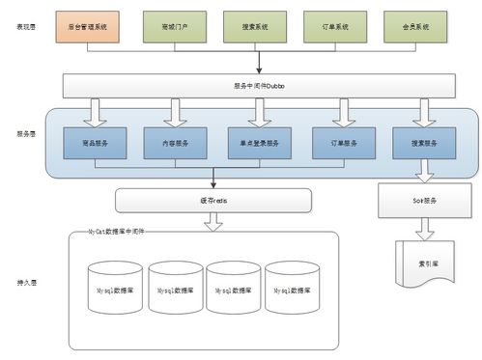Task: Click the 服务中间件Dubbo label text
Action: point(259,86)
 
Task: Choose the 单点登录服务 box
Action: point(257,143)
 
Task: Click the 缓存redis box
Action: point(213,201)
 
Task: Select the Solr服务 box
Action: point(423,201)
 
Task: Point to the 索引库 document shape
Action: point(423,261)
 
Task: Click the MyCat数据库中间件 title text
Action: point(117,234)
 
